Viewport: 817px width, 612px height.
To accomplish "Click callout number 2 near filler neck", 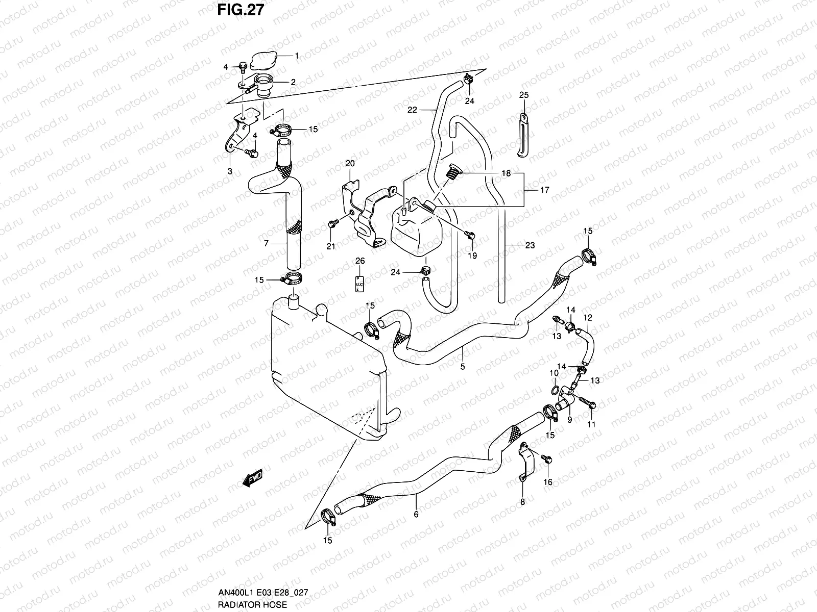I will tap(293, 82).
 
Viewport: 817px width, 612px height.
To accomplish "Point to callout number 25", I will tap(524, 95).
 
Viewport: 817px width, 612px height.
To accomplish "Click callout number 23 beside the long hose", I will tap(530, 245).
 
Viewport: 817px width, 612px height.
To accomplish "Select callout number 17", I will tap(544, 190).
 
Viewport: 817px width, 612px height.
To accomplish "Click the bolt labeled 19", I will tap(471, 235).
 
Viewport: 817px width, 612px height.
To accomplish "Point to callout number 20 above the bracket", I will tap(350, 163).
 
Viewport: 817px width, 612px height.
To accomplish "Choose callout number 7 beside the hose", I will tap(266, 244).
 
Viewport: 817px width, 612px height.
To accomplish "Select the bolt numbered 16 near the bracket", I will tap(547, 460).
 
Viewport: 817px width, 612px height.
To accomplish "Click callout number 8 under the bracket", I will tap(522, 502).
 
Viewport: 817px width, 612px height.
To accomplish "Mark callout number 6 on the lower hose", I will tap(416, 514).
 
